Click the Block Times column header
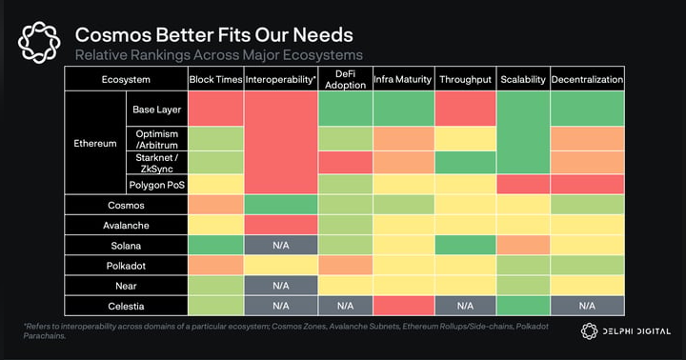pyautogui.click(x=215, y=79)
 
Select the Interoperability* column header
pyautogui.click(x=281, y=79)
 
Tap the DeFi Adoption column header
pyautogui.click(x=344, y=79)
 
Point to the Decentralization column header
pyautogui.click(x=587, y=79)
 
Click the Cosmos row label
pyautogui.click(x=126, y=205)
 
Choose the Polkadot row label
pyautogui.click(x=126, y=265)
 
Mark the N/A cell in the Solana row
pyautogui.click(x=281, y=245)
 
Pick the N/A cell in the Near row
pyautogui.click(x=281, y=285)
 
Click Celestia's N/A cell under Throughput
pyautogui.click(x=466, y=306)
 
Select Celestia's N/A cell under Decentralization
pyautogui.click(x=587, y=306)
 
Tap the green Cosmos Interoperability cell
pyautogui.click(x=281, y=205)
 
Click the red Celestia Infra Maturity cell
pyautogui.click(x=403, y=306)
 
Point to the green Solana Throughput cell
pyautogui.click(x=466, y=245)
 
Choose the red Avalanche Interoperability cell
pyautogui.click(x=281, y=225)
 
